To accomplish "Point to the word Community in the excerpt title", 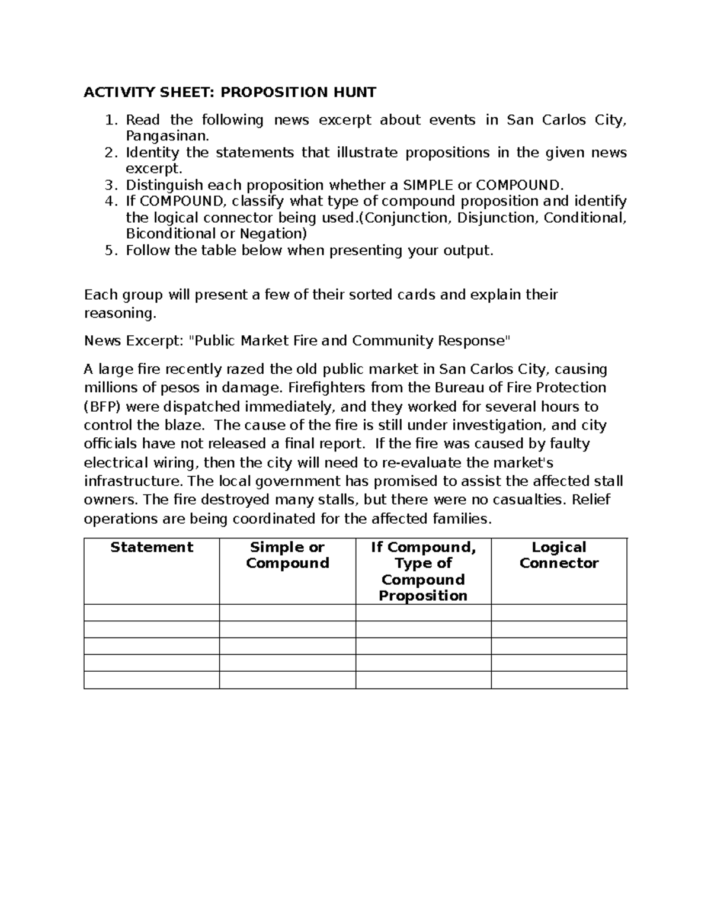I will pos(392,341).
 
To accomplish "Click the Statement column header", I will pos(152,547).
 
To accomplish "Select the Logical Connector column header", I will pos(559,555).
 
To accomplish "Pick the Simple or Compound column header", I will pos(287,555).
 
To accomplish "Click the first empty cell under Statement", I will pos(152,613).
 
